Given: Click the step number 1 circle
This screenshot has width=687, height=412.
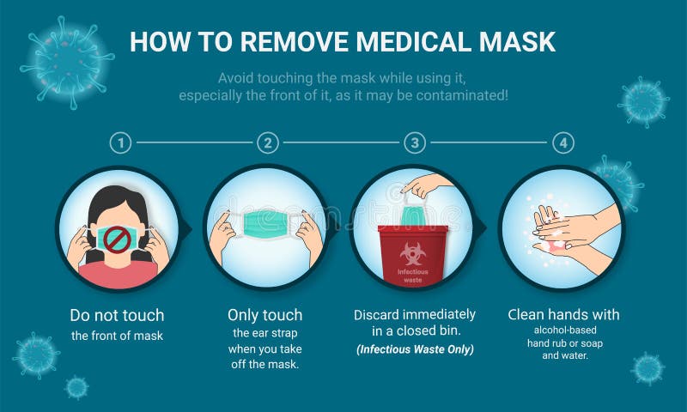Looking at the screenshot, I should [x=122, y=142].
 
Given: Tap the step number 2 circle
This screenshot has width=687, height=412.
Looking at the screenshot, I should [x=269, y=142].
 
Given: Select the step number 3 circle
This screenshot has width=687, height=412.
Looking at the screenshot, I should [x=416, y=142].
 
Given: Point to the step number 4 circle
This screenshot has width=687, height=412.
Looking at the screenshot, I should [x=562, y=142].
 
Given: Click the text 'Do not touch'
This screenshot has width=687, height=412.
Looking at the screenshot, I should [x=117, y=315].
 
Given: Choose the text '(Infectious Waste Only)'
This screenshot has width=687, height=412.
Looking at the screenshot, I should [x=415, y=348].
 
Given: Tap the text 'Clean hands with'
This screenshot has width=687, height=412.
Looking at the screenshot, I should [x=563, y=314].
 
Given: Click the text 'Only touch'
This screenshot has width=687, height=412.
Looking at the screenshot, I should [x=264, y=315].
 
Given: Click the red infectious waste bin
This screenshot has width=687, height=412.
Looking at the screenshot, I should [x=413, y=255].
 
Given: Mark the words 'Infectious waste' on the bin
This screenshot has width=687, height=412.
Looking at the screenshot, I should [x=413, y=275].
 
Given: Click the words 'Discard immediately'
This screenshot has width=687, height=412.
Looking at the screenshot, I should [x=415, y=314].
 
